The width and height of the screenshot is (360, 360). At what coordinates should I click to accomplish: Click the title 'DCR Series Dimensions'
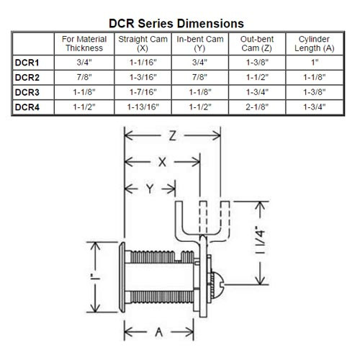[x=180, y=23]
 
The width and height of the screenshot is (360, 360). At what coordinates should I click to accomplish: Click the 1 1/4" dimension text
[x=276, y=244]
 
